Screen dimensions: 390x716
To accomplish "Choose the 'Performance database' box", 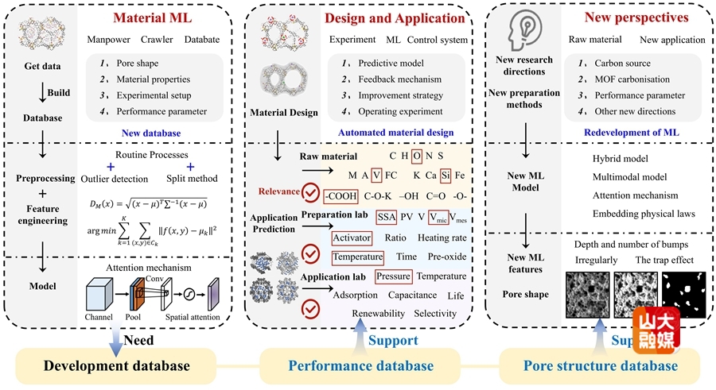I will point(360,365).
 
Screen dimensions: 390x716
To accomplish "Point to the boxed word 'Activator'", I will point(352,237).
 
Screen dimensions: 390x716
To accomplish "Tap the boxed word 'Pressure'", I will point(393,276).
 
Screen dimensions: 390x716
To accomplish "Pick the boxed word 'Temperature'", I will point(357,257).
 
